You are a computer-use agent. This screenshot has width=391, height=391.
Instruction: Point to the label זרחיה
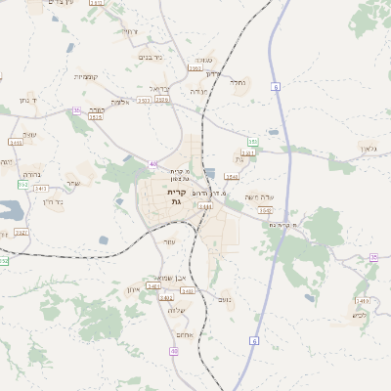(x=127, y=32)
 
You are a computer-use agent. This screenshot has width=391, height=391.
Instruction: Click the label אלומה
(x=119, y=102)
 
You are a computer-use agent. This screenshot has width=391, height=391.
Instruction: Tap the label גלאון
(x=367, y=148)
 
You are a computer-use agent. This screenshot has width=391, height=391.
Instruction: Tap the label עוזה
(x=168, y=241)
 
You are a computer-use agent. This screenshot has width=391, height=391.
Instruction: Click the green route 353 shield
(x=252, y=142)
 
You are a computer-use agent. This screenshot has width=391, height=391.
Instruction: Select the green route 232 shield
(x=22, y=185)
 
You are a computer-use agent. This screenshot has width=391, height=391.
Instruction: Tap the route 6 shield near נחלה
(x=276, y=87)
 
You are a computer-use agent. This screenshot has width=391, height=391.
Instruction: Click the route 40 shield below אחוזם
(x=173, y=350)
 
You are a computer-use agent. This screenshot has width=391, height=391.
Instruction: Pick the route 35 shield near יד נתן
(x=76, y=111)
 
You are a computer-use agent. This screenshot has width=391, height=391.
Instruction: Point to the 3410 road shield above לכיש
(x=362, y=300)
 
